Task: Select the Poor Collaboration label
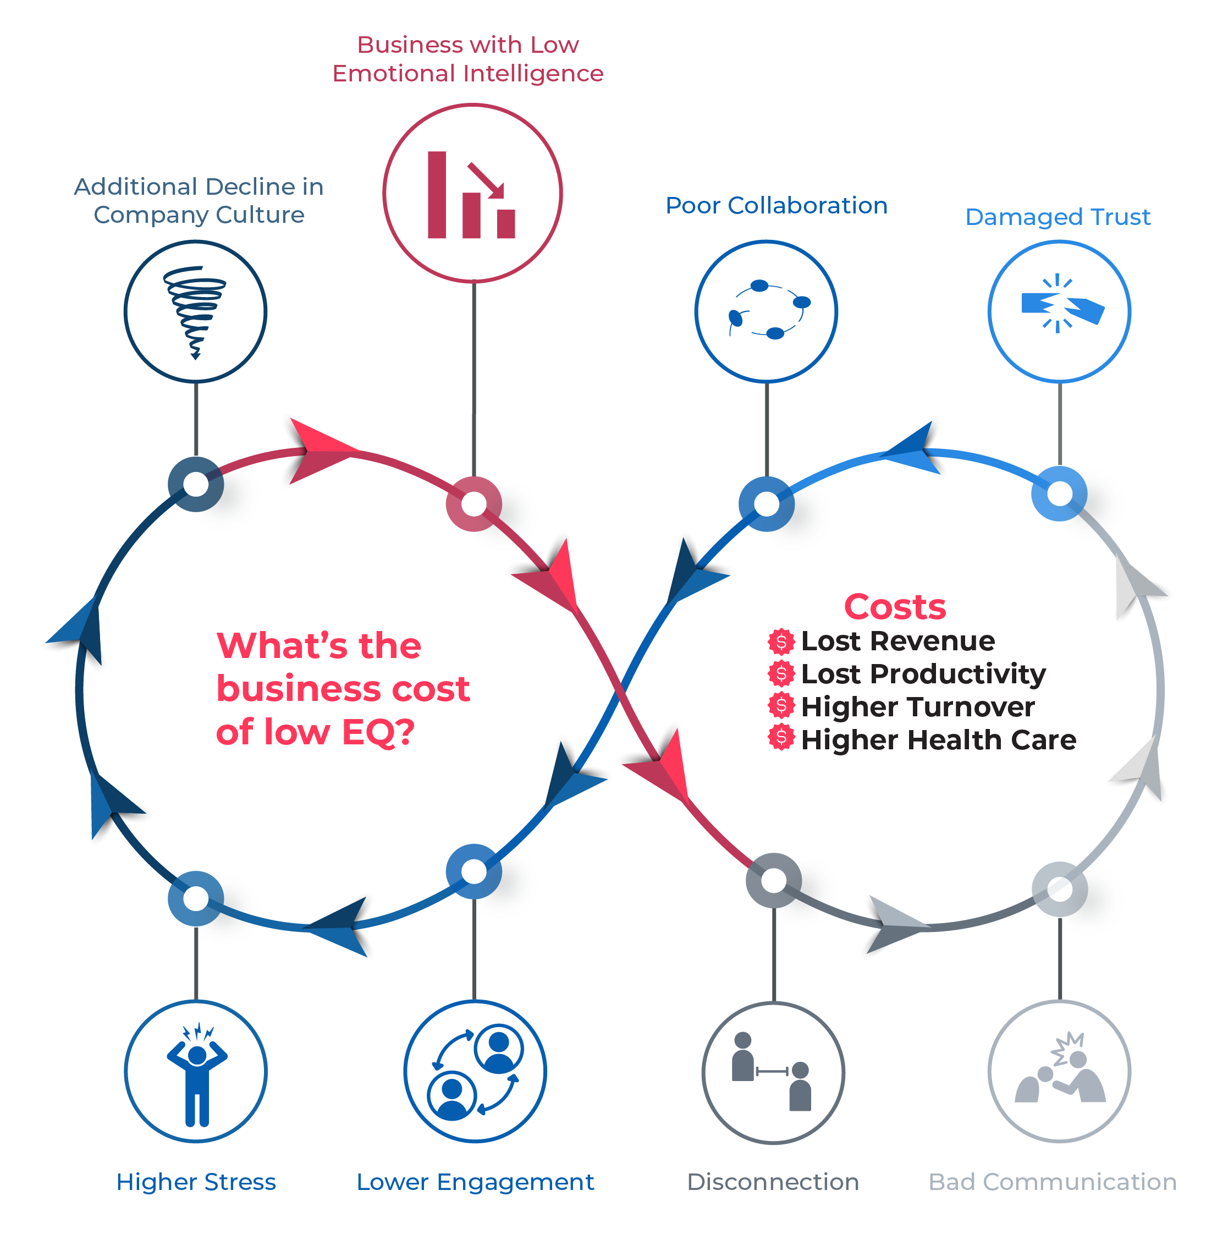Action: point(776,206)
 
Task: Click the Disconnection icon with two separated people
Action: point(773,1073)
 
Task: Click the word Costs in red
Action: point(895,607)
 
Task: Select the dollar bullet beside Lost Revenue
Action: point(781,641)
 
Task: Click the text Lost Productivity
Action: point(923,674)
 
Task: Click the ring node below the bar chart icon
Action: point(473,504)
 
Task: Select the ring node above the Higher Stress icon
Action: point(195,898)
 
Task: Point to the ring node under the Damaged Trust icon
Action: point(1059,493)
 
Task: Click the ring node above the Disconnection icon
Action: point(773,881)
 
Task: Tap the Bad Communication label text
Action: point(1053,1182)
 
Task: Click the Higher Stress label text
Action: point(196,1182)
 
